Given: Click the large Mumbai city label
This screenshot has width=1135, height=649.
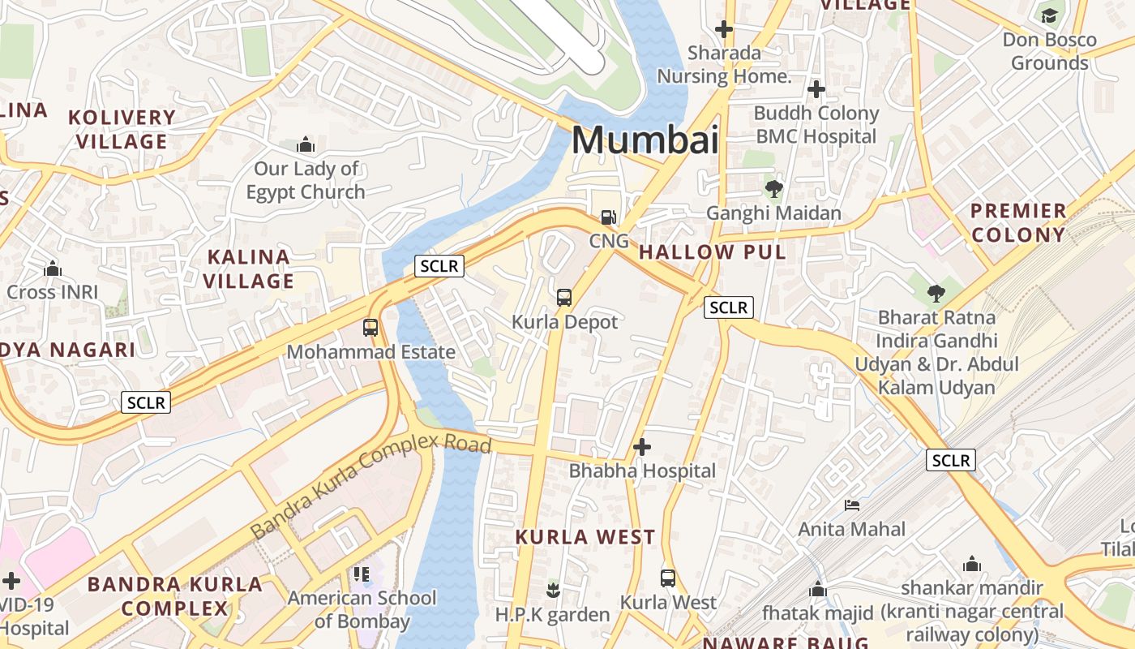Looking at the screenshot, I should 645,140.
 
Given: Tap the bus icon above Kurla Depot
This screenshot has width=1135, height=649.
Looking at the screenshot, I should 564,298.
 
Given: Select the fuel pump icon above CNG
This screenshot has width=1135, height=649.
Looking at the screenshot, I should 608,217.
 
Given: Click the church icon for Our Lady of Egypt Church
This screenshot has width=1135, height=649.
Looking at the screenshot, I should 306,145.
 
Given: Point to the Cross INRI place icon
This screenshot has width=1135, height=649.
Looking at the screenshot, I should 53,269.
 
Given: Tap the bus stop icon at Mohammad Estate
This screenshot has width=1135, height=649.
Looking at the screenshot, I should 370,328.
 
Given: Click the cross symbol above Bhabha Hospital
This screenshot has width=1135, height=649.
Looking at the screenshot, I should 642,447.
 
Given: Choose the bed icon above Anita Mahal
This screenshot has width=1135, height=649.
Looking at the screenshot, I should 852,505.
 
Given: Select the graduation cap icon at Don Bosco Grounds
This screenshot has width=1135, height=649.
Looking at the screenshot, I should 1049,16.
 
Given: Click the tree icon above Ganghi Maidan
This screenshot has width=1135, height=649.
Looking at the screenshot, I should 773,189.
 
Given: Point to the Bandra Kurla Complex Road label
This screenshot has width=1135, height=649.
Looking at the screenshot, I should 370,486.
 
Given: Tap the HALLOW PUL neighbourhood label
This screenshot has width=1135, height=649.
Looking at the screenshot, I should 713,252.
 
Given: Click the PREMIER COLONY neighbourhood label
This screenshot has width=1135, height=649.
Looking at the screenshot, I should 1018,223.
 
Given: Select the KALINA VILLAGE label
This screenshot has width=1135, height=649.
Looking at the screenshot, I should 248,269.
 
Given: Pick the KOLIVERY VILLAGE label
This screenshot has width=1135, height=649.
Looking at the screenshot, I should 122,129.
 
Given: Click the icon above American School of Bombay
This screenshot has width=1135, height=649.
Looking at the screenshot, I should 362,574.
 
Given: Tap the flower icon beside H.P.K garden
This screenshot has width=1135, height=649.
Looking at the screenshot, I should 553,588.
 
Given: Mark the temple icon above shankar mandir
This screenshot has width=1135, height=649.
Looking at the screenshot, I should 972,564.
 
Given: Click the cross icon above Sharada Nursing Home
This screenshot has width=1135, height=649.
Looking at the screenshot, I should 724,30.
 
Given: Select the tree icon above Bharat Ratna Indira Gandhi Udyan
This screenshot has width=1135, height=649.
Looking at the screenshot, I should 936,293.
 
